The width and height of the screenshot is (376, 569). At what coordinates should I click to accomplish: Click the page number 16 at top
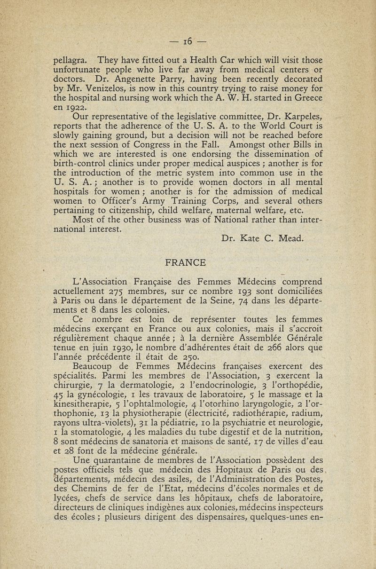(x=188, y=42)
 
